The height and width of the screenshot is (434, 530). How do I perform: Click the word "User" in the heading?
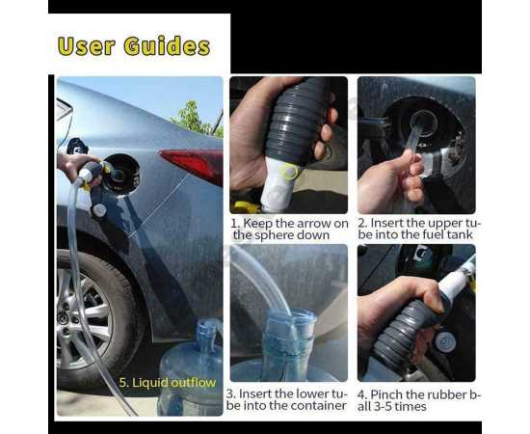point(86,46)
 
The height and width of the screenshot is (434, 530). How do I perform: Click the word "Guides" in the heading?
point(167,46)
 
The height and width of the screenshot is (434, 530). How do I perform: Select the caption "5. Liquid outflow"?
point(168,383)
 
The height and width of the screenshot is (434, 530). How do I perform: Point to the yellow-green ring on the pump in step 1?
point(290,171)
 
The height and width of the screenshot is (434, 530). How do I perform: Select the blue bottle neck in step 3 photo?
point(288,335)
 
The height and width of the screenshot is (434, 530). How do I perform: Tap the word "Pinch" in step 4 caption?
point(386,394)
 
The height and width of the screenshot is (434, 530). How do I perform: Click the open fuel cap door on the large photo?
point(121,175)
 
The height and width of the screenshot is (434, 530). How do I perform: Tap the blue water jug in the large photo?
point(191,368)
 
